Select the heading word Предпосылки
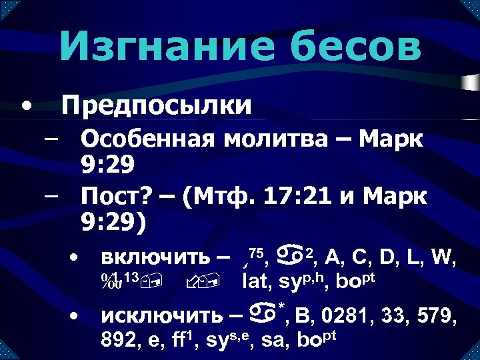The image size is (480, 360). click(157, 105)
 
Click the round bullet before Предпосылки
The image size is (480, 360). click(25, 105)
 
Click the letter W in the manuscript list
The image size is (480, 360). click(443, 257)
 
